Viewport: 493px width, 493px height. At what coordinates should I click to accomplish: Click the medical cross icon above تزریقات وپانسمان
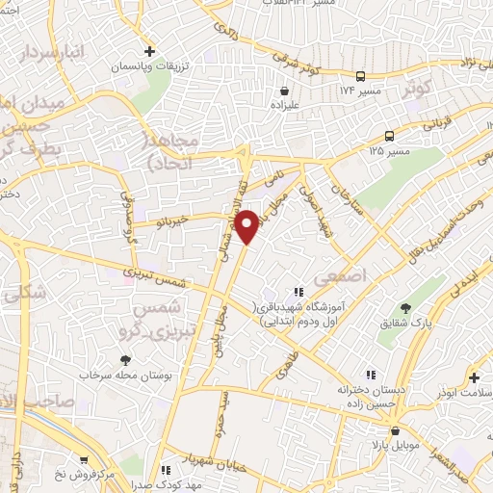[149, 49]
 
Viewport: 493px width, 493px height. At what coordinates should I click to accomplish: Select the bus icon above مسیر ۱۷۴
[360, 75]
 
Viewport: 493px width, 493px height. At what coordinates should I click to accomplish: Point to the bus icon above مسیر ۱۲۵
[389, 136]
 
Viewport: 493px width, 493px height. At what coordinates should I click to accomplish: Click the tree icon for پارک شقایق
[408, 309]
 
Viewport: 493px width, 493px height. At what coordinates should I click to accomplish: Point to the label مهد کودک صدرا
[204, 483]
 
